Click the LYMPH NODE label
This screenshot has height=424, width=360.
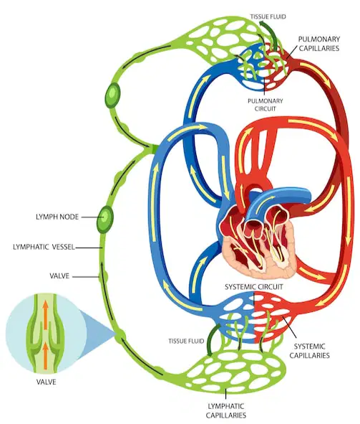(x=57, y=217)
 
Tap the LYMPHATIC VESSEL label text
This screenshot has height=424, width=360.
(x=44, y=247)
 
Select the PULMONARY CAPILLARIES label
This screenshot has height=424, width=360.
(x=319, y=44)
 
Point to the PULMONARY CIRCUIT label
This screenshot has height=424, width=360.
(x=266, y=105)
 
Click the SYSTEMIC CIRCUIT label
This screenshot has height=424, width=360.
(x=254, y=287)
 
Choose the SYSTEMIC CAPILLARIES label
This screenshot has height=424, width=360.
(x=310, y=351)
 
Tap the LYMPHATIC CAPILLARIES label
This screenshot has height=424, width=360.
(x=226, y=410)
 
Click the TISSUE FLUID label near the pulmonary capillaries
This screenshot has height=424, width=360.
(x=268, y=17)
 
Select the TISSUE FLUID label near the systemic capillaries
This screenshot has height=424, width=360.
(x=186, y=341)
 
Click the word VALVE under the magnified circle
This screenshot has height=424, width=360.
(x=47, y=382)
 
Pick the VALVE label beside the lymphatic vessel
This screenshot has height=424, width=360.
(x=59, y=276)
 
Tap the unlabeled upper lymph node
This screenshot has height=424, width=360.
(x=112, y=95)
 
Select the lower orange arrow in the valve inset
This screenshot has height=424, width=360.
(x=46, y=355)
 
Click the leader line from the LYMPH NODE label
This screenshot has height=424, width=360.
(x=89, y=217)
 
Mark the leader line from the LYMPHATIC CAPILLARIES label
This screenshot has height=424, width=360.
(x=225, y=395)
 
